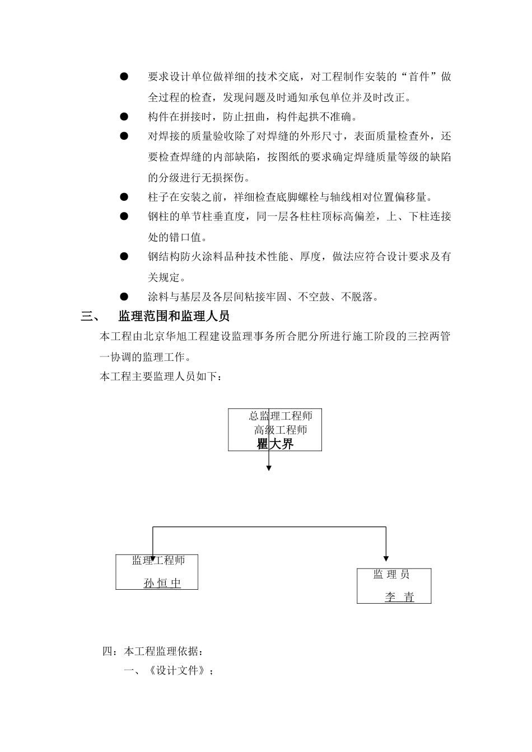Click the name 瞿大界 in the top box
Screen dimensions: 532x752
coord(275,444)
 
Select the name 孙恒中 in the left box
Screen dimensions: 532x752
coord(162,583)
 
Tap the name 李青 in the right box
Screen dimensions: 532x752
coord(399,597)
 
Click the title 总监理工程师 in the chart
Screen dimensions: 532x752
coord(281,416)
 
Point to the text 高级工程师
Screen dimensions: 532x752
coord(281,430)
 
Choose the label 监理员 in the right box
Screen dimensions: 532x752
coord(391,575)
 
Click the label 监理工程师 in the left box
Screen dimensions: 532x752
coord(158,560)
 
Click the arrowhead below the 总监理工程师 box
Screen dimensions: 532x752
coord(269,467)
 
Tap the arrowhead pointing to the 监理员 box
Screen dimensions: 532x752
coord(386,558)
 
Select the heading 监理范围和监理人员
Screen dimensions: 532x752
coord(174,316)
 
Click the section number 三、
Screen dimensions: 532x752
coord(90,316)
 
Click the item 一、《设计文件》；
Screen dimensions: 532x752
coord(168,671)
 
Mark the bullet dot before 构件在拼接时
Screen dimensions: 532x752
coord(124,117)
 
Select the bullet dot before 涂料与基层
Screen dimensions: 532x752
coord(124,297)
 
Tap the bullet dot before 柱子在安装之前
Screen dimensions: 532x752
coord(124,197)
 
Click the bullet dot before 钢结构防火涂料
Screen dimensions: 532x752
coord(124,256)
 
